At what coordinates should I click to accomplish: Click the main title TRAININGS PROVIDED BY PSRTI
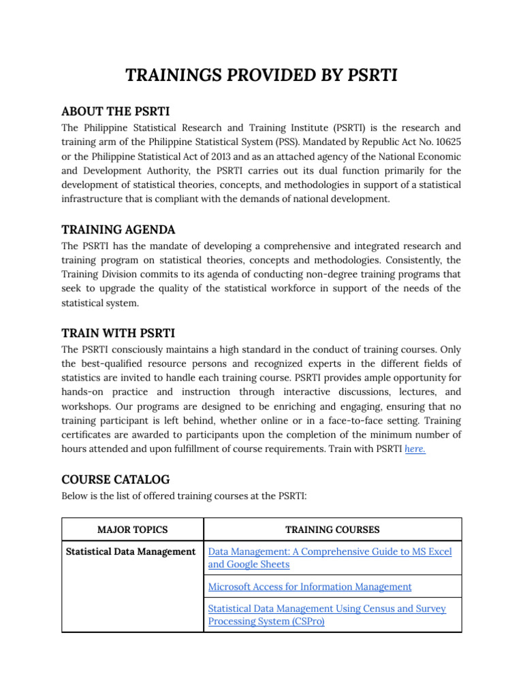[261, 76]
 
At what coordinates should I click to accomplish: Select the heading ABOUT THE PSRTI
[115, 111]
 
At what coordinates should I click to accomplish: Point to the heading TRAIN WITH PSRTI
[118, 333]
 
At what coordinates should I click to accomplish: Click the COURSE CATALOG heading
[115, 479]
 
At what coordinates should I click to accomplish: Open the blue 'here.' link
[415, 449]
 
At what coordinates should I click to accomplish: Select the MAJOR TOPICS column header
[132, 530]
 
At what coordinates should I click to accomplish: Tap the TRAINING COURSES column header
[332, 530]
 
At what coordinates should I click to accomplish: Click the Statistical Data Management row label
[131, 551]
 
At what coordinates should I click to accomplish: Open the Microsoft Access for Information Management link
[309, 587]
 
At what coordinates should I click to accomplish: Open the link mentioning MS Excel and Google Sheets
[330, 558]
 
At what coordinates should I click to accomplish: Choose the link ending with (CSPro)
[327, 615]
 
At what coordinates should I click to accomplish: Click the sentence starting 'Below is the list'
[184, 496]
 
